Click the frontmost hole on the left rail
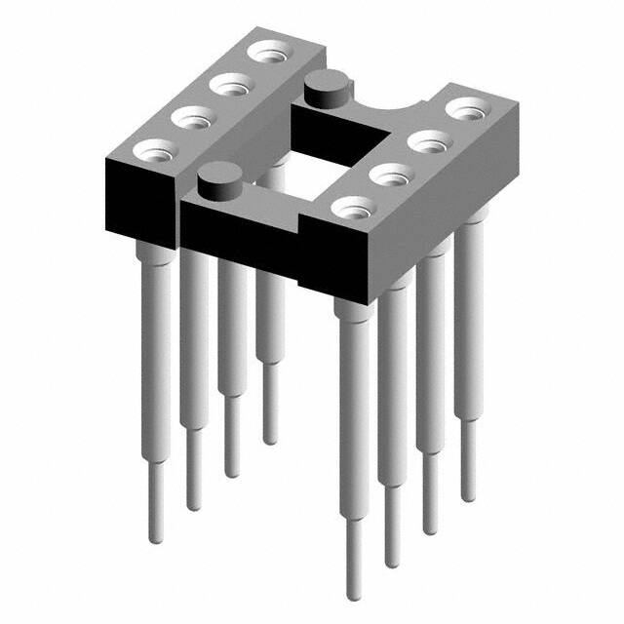[155, 151]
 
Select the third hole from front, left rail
[228, 86]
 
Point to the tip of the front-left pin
[156, 536]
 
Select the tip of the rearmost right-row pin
[468, 495]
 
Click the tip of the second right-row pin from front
[392, 560]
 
